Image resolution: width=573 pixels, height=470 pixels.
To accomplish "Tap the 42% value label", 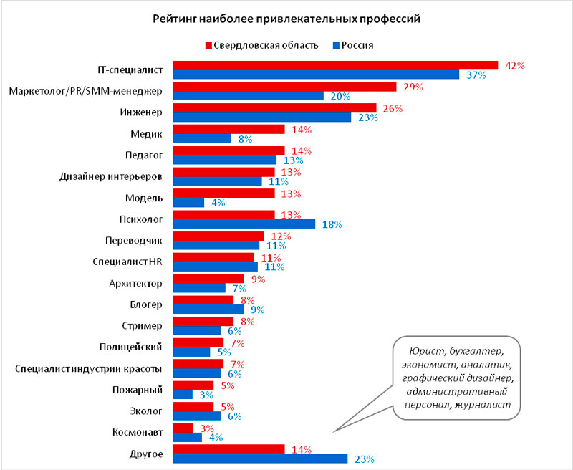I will (x=515, y=65).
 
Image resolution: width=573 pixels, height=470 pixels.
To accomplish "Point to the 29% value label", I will (x=413, y=87).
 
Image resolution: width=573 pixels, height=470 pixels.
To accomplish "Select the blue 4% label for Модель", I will (x=217, y=203).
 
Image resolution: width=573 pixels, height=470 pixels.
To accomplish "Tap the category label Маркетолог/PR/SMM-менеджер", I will (x=87, y=91).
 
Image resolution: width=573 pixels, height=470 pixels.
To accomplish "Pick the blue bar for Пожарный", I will (x=183, y=395).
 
